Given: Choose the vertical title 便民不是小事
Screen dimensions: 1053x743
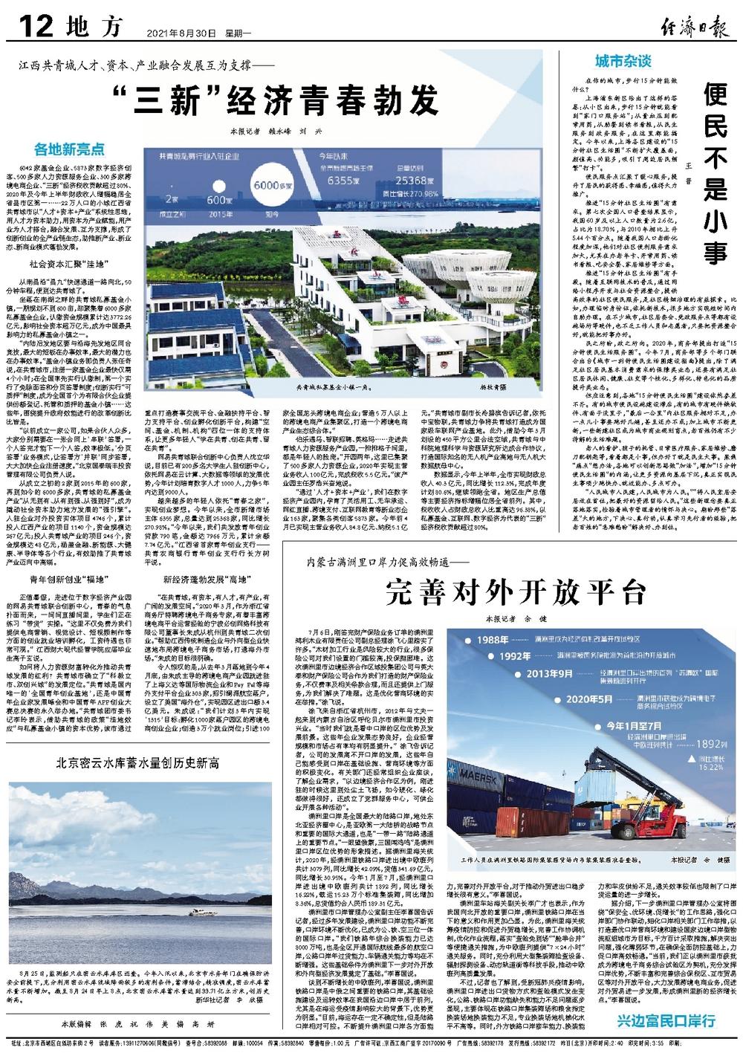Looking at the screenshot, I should point(714,175).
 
